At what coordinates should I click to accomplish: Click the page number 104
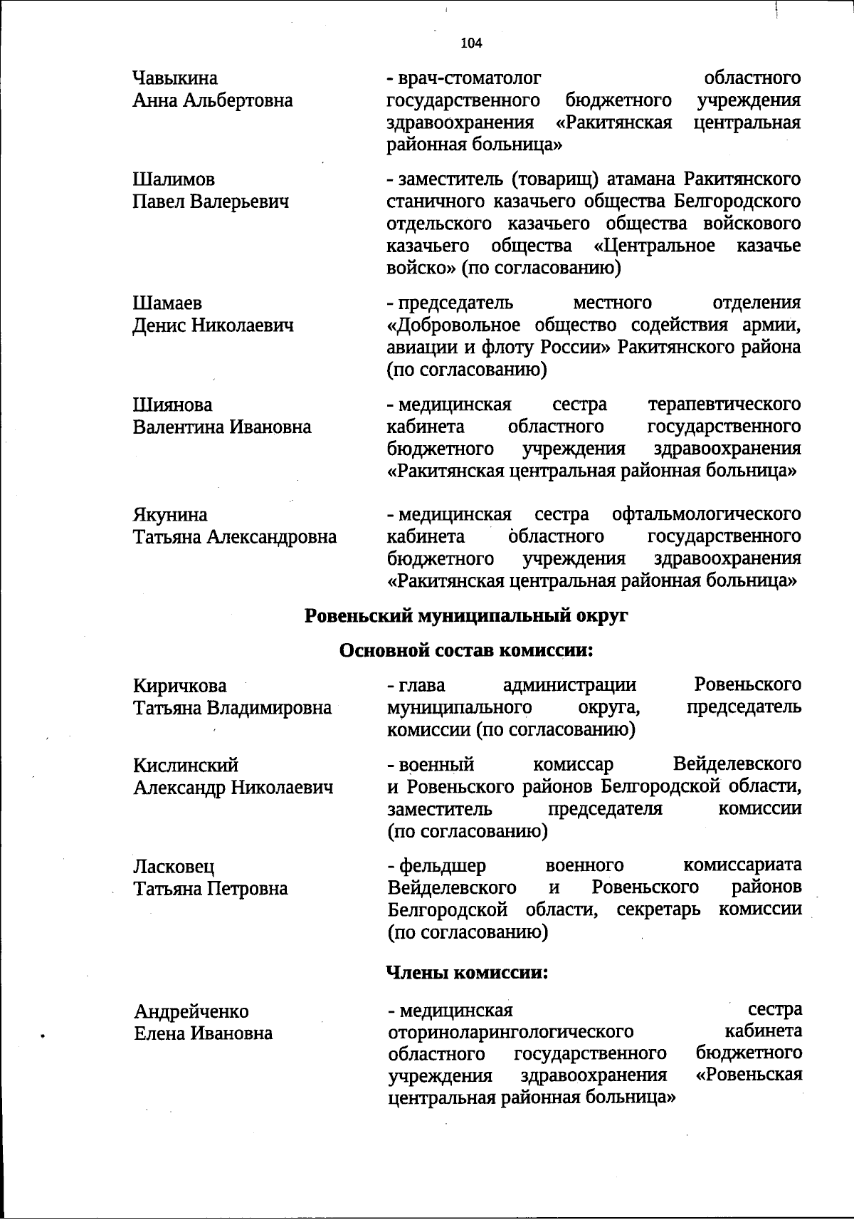click(471, 43)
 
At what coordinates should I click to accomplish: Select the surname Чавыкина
click(175, 78)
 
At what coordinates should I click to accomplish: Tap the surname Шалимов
click(174, 179)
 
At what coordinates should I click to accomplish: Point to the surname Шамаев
click(167, 303)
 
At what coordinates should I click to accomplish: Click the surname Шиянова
click(172, 405)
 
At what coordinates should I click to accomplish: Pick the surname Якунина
click(170, 515)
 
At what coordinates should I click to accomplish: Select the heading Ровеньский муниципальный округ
click(466, 616)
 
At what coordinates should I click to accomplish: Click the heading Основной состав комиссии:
click(466, 650)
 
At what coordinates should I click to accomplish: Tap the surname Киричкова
click(180, 687)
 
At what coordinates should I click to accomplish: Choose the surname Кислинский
click(186, 766)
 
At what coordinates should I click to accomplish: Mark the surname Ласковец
click(174, 867)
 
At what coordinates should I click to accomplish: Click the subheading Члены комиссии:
click(467, 973)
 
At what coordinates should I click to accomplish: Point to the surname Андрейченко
click(191, 1011)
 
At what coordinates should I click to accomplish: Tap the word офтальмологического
click(706, 514)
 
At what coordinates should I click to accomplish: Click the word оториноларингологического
click(510, 1032)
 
